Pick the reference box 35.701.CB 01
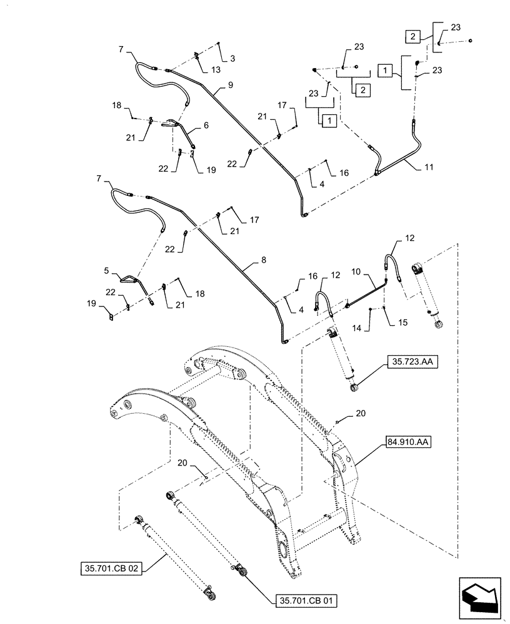(306, 602)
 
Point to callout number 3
(232, 59)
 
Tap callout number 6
(206, 125)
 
